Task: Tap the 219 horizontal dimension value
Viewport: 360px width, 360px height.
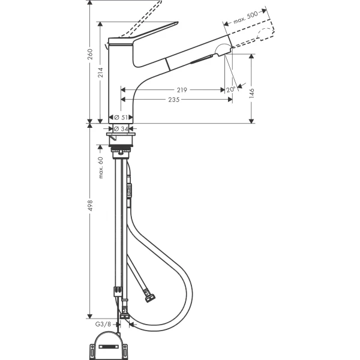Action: (182, 90)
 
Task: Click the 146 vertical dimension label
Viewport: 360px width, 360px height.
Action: (253, 93)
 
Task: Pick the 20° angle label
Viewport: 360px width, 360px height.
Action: (231, 90)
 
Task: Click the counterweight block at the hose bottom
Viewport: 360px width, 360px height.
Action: (109, 343)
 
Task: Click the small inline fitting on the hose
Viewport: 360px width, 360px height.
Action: (128, 192)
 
